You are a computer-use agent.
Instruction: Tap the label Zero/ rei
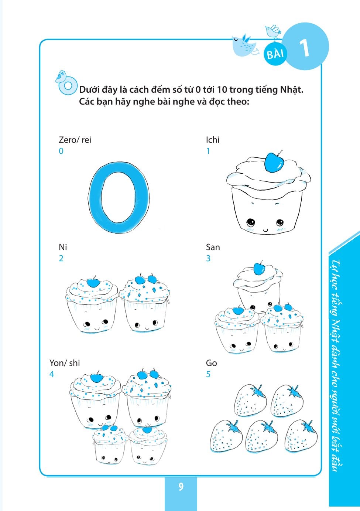pos(75,140)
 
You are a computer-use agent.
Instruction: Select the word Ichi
pos(213,140)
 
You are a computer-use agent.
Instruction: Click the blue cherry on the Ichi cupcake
pos(274,163)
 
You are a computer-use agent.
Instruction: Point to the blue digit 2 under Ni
pos(61,258)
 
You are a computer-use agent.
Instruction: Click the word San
pos(213,247)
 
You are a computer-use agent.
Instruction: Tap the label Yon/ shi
pos(65,363)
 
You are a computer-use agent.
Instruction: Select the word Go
pos(211,363)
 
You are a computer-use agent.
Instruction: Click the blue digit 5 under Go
pos(208,374)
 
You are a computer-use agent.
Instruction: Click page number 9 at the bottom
pos(181,487)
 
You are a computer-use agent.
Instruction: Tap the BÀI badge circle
pos(275,54)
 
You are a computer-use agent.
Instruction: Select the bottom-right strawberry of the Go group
pos(301,436)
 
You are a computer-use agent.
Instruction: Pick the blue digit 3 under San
pos(208,258)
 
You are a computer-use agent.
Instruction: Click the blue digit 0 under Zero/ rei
pos(61,151)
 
